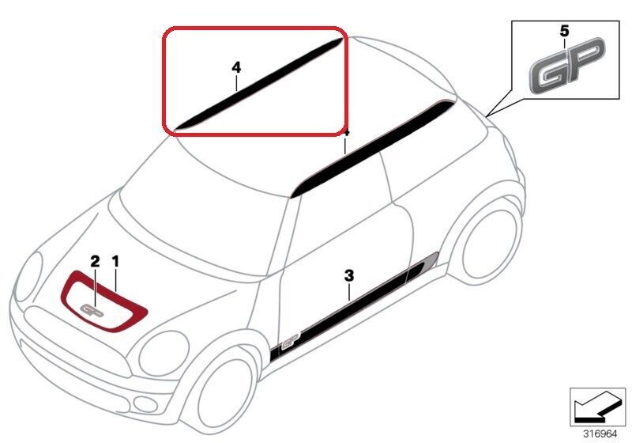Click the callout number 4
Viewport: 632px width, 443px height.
pyautogui.click(x=236, y=67)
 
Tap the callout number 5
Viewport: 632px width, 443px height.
pyautogui.click(x=564, y=31)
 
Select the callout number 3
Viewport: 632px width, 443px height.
pyautogui.click(x=349, y=276)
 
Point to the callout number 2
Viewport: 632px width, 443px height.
pyautogui.click(x=95, y=261)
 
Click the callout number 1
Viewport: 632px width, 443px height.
pyautogui.click(x=115, y=261)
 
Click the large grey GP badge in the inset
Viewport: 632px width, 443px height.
pyautogui.click(x=567, y=66)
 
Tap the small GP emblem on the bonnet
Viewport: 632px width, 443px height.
pyautogui.click(x=92, y=310)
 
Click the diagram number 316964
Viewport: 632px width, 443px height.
pyautogui.click(x=600, y=434)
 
